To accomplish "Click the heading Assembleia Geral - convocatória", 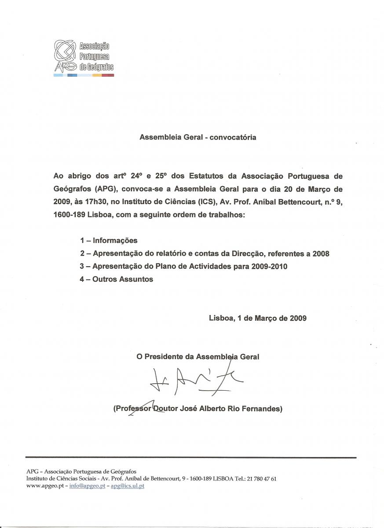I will click(197, 137).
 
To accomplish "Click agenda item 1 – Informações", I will click(109, 241).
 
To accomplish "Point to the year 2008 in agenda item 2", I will click(321, 254).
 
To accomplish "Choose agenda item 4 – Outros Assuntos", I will click(117, 279).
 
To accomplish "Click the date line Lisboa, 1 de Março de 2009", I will click(258, 318).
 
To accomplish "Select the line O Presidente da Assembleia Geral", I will click(198, 357).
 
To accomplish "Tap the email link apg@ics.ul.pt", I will click(127, 486).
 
